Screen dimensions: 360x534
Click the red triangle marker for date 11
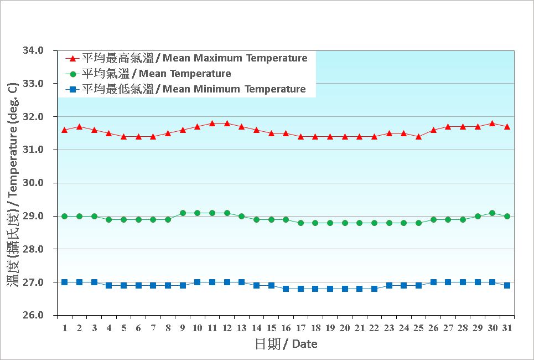(212, 123)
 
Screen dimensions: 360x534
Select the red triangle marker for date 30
(492, 123)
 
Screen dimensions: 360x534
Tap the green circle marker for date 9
(183, 213)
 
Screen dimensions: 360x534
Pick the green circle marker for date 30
(492, 213)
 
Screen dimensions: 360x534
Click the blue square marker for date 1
(65, 282)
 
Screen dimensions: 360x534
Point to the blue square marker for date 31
(507, 285)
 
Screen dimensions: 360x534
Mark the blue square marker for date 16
(286, 289)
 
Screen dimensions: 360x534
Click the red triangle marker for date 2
(79, 126)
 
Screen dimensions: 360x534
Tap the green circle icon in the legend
(72, 74)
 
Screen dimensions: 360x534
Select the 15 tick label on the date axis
(271, 328)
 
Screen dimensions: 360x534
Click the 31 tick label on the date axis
(507, 328)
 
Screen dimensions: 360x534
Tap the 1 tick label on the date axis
(65, 328)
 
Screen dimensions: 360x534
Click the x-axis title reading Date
(304, 344)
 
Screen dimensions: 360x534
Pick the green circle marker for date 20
(345, 223)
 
